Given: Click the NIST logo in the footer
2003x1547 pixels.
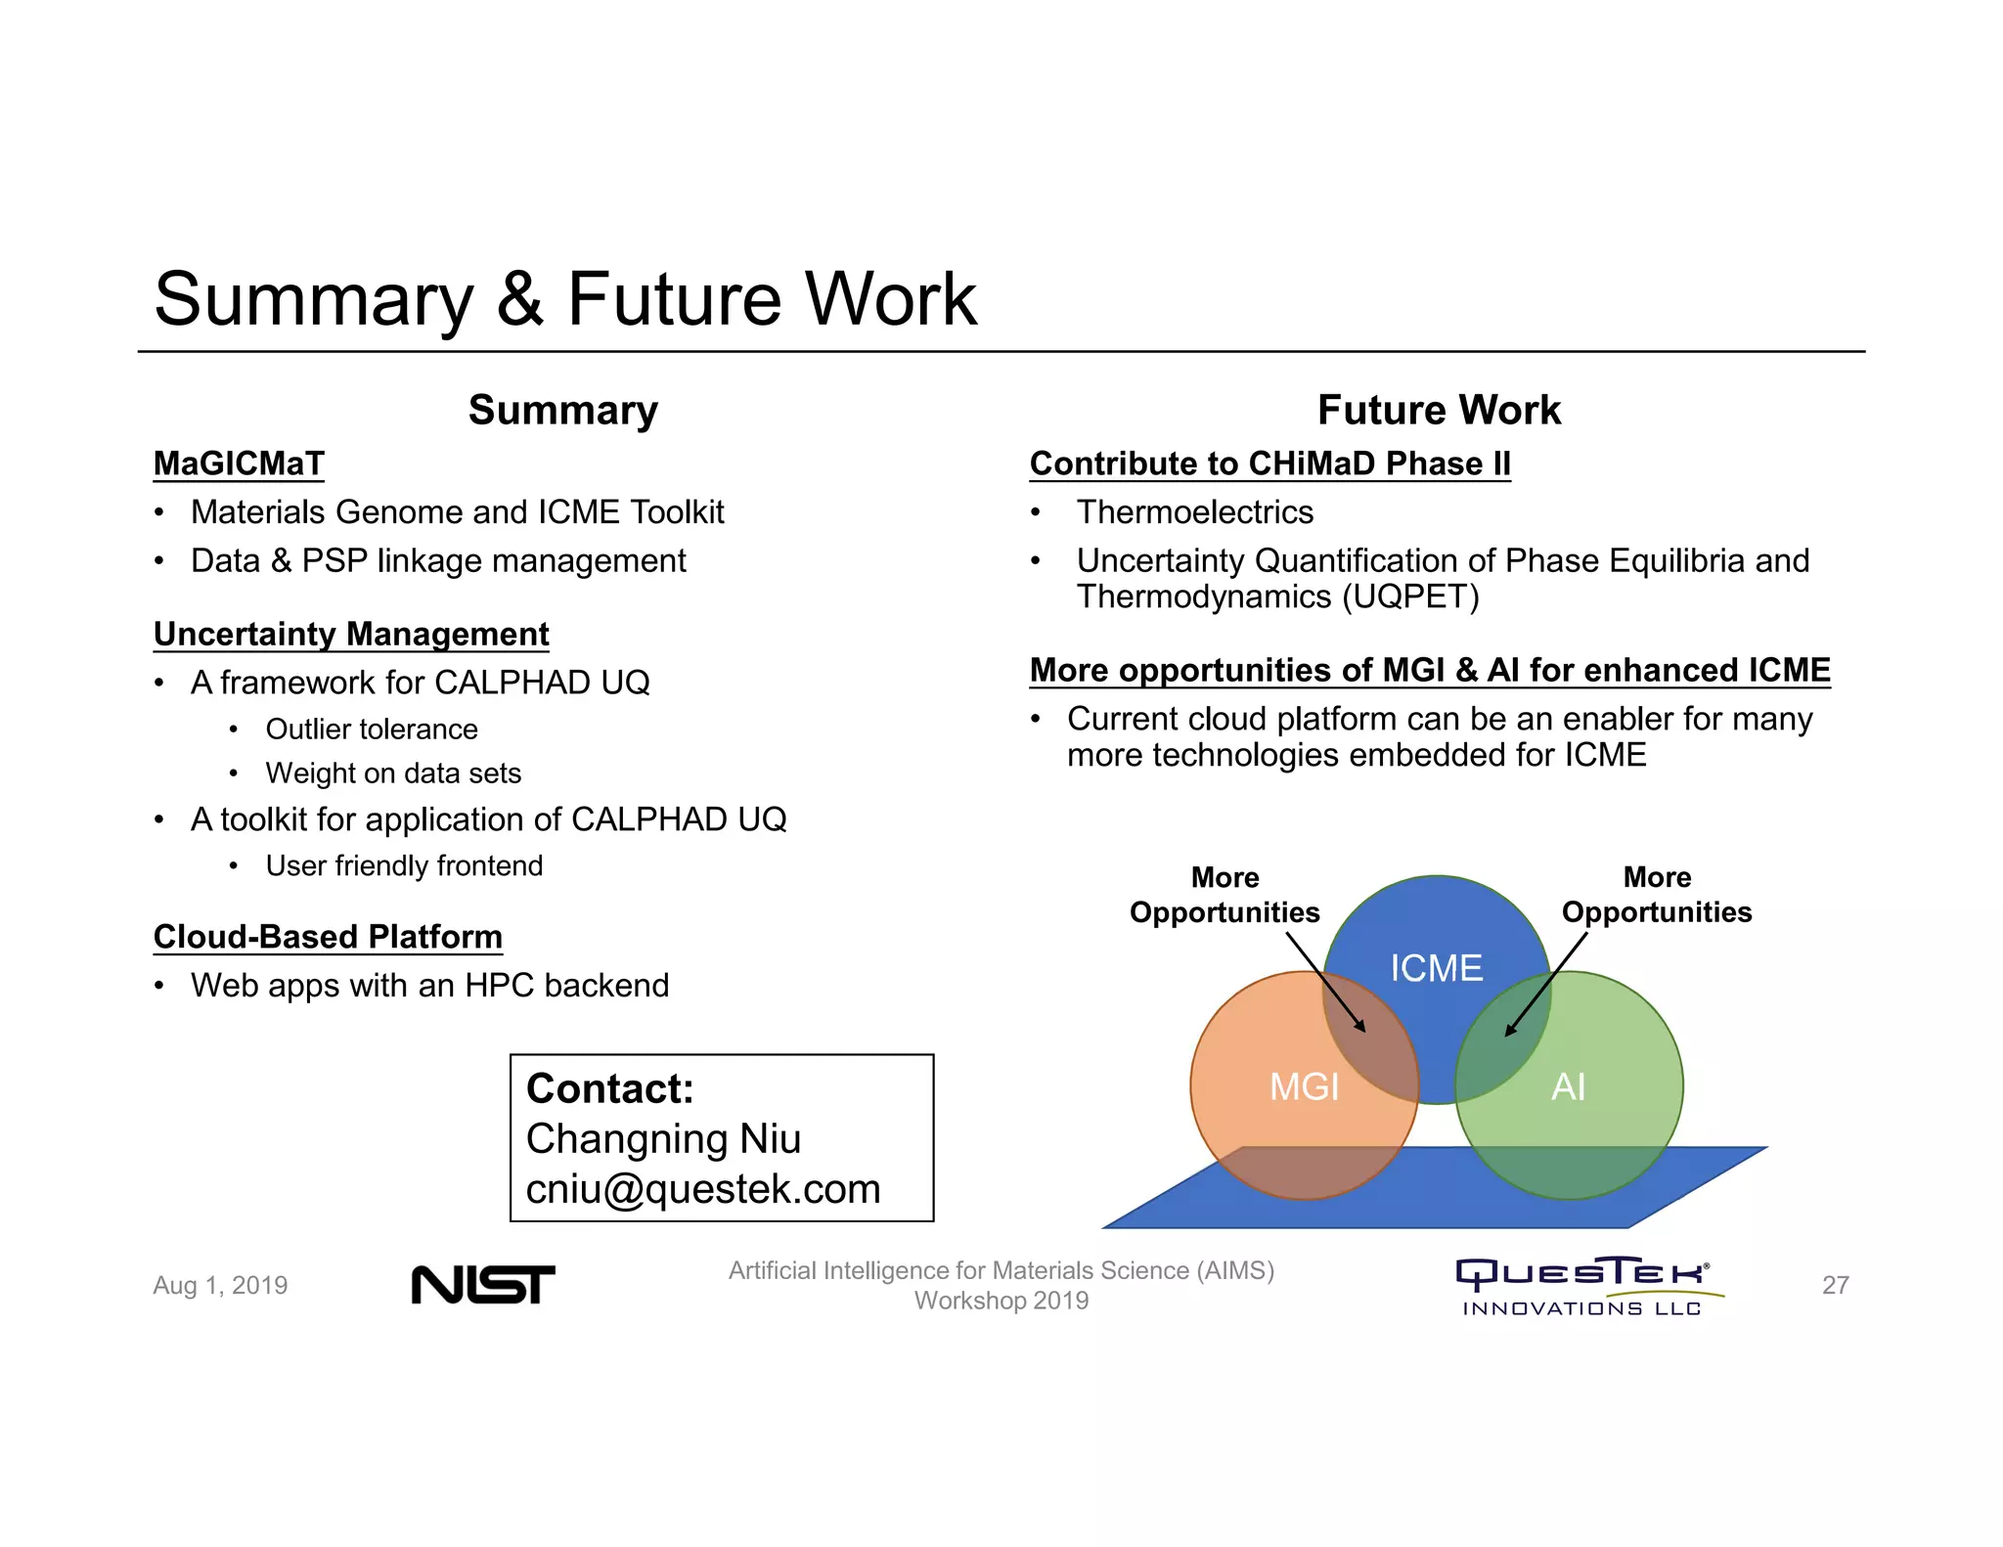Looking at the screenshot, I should coord(483,1285).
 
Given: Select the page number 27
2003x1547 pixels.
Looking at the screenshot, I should coord(1835,1285).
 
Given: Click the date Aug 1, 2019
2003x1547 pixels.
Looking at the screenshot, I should coord(220,1285).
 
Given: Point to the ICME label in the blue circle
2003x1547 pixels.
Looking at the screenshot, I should coord(1436,968).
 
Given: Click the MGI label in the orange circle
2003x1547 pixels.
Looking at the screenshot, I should coord(1304,1086).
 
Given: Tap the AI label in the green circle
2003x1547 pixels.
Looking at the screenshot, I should coord(1568,1086).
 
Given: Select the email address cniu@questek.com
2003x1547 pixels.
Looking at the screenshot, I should coord(703,1189).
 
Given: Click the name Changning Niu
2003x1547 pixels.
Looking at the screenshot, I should coord(663,1139).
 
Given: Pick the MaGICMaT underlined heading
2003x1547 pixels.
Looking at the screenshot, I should coord(239,464).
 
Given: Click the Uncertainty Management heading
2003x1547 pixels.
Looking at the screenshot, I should coord(351,634).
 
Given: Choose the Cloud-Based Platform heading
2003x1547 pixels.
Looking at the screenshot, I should coord(328,937).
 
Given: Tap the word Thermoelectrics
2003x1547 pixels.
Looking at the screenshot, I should coord(1194,512).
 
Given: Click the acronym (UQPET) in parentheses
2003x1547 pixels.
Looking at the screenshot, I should coord(1410,597).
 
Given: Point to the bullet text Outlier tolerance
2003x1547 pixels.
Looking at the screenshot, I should coord(372,729).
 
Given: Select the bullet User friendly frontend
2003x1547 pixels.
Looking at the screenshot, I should coord(404,866).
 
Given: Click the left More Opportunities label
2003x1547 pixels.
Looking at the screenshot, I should coord(1224,895).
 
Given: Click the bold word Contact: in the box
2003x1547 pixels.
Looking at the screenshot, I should coord(609,1088).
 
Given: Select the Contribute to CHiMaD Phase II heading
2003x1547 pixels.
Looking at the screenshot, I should coord(1269,464).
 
